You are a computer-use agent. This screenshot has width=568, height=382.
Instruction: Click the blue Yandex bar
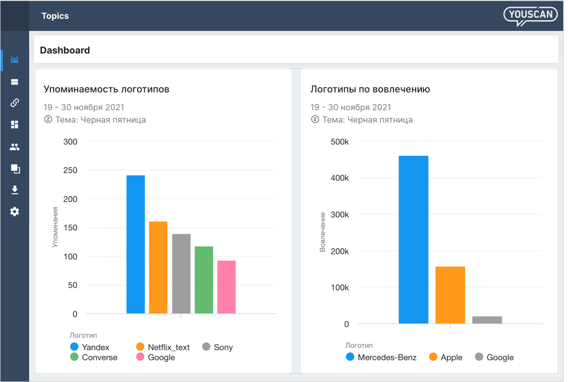tap(135, 244)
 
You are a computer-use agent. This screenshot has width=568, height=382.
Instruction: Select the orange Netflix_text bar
tap(158, 267)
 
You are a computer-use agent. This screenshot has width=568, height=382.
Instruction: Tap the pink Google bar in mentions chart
tap(226, 287)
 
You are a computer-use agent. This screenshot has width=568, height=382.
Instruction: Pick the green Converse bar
tap(204, 280)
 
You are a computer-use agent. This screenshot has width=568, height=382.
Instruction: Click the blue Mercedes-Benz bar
tap(413, 239)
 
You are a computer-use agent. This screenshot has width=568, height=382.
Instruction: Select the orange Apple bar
tap(450, 295)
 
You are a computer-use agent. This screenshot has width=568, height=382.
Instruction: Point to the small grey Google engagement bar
tap(487, 320)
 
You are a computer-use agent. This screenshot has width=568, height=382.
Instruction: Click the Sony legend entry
tap(218, 347)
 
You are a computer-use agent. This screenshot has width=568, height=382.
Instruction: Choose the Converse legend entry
tap(94, 357)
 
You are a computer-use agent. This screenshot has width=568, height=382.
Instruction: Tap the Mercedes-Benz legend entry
tap(381, 357)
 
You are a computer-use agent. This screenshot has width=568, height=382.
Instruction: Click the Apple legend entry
tap(446, 357)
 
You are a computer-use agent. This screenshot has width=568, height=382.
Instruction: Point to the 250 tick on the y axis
tap(70, 170)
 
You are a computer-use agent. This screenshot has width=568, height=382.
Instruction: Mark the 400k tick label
tap(339, 178)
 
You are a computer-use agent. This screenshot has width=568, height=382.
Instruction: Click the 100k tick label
tap(339, 287)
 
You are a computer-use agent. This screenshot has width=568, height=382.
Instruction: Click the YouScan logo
tap(530, 15)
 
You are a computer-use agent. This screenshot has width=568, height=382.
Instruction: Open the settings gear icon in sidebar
tap(15, 212)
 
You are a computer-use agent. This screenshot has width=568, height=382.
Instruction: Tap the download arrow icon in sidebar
tap(15, 190)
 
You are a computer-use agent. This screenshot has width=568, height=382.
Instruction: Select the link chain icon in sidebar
tap(15, 103)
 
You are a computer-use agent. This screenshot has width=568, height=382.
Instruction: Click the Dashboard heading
tap(65, 50)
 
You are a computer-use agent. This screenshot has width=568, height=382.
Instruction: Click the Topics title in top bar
tap(55, 16)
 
